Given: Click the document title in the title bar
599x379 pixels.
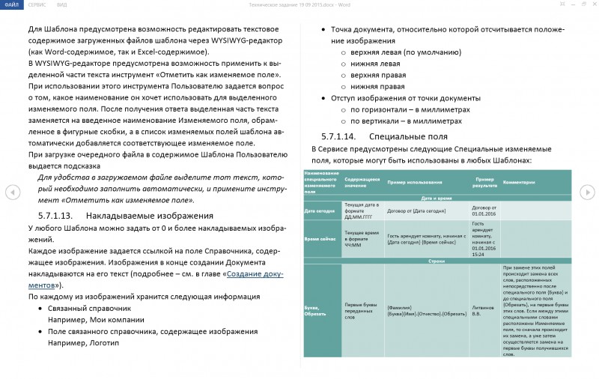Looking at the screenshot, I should tap(299, 4).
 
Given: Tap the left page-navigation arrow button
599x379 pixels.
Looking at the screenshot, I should tap(13, 192).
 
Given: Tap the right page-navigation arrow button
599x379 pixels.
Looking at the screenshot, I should tap(587, 192).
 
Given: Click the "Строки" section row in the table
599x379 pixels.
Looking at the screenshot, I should tap(437, 261).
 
